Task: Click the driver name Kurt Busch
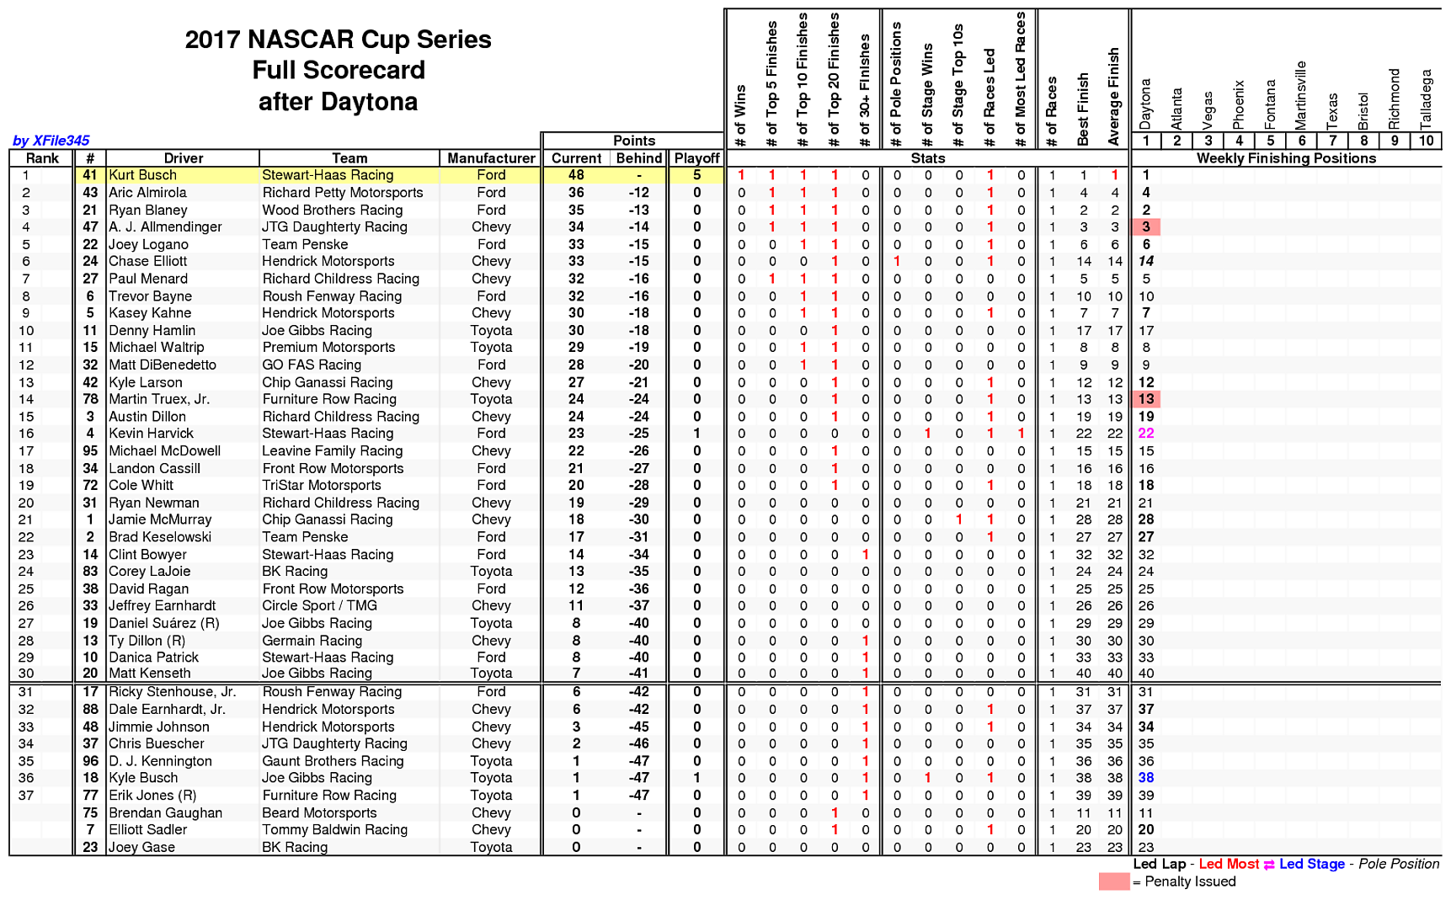click(143, 175)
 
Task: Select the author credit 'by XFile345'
click(51, 141)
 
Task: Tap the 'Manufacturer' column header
click(491, 158)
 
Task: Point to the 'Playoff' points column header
click(696, 158)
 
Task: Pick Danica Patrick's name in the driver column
click(153, 657)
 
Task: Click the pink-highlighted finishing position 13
click(1146, 399)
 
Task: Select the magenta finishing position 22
click(1146, 433)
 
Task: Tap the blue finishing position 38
click(1146, 778)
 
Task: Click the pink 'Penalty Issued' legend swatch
click(1113, 881)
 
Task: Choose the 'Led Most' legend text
click(1229, 864)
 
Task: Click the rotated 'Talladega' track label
click(1426, 99)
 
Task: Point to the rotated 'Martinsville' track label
click(1301, 94)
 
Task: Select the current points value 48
click(576, 175)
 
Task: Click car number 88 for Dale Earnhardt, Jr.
click(90, 709)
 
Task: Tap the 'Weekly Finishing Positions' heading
click(1286, 158)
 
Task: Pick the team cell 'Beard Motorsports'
click(319, 812)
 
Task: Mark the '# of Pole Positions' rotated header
click(897, 83)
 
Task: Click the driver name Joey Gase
click(141, 847)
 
